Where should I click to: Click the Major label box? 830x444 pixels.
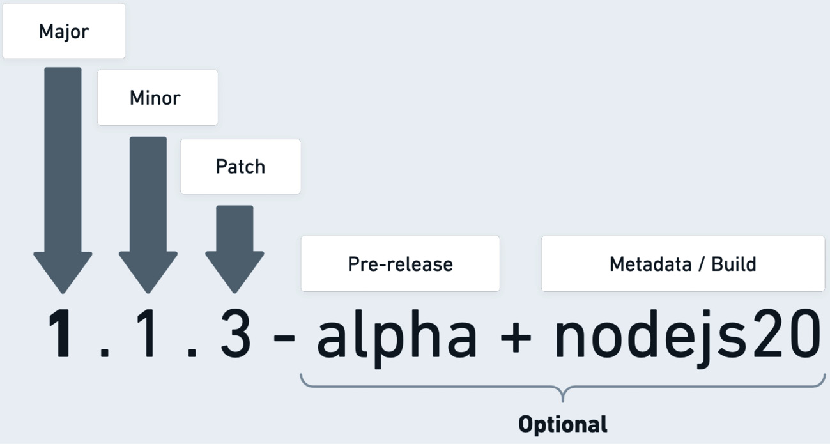click(63, 31)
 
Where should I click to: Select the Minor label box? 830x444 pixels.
click(157, 98)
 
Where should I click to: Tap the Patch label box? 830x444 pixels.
click(240, 167)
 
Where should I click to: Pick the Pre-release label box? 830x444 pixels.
click(400, 264)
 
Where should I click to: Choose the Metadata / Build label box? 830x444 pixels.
click(682, 264)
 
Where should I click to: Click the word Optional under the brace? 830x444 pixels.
click(562, 424)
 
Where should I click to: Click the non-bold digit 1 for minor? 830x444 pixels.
click(148, 333)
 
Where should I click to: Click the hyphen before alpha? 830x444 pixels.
click(284, 339)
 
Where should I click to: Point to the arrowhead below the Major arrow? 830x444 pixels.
click(63, 272)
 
